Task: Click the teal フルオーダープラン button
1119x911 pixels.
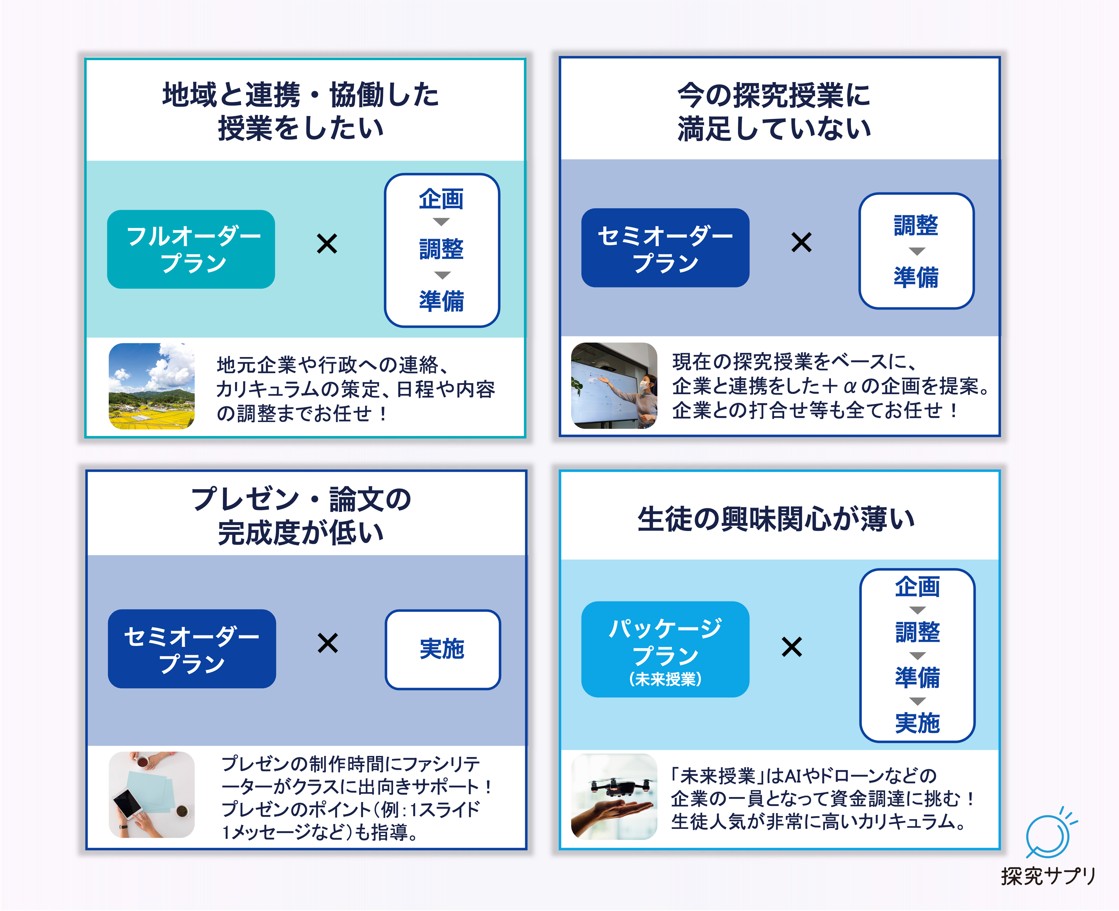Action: tap(191, 249)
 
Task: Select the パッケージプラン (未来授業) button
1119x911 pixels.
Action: tap(665, 649)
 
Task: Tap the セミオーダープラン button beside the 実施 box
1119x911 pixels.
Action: tap(192, 649)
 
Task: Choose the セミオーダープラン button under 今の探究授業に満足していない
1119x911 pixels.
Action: tap(665, 248)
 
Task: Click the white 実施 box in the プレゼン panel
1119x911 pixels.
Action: tap(442, 649)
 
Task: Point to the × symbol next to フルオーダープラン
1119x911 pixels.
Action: tap(327, 244)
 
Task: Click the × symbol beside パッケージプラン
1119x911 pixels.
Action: tap(791, 647)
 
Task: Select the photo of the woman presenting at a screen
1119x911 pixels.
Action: tap(613, 386)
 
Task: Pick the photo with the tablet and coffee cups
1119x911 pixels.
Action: tap(151, 794)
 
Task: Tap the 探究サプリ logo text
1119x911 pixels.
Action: tap(1048, 876)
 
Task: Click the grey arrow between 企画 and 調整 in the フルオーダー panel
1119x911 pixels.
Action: tap(442, 222)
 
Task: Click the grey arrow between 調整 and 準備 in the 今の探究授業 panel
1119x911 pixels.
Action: tap(916, 251)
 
